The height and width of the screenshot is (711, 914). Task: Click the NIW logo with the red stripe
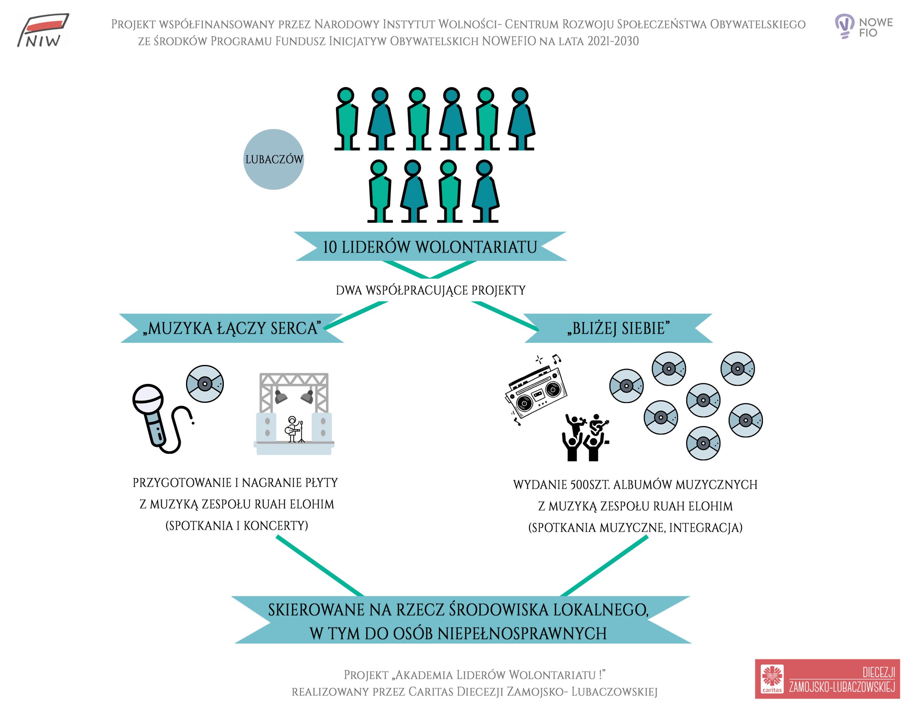pos(43,30)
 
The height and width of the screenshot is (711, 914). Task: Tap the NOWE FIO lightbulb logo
pos(863,26)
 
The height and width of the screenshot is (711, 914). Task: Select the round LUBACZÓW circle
pos(274,159)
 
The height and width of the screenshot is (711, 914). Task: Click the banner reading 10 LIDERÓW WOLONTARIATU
pos(430,246)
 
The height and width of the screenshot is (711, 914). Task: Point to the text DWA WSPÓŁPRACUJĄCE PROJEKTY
pos(431,290)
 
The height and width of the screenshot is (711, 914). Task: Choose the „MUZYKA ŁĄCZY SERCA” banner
pos(232,329)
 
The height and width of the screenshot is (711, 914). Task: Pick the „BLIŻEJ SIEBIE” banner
pos(618,329)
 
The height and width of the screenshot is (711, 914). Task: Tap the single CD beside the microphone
pos(205,384)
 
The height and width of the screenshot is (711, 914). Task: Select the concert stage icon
pos(294,414)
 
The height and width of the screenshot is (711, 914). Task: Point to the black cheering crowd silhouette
pos(585,438)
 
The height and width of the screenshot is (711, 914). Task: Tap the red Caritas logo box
pos(827,679)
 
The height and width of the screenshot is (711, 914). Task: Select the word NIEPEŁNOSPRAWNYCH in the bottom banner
pos(522,634)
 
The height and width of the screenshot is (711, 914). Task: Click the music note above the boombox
pos(556,359)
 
